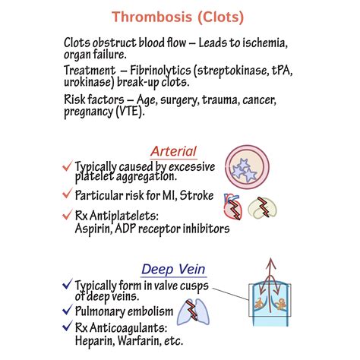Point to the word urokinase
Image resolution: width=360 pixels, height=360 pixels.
(93, 84)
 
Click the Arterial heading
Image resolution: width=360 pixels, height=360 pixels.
(173, 151)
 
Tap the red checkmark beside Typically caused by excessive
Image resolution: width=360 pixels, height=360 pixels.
(68, 166)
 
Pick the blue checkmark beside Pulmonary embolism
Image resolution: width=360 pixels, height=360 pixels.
(68, 311)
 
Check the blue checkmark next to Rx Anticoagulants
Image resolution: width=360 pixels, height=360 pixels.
(68, 328)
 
